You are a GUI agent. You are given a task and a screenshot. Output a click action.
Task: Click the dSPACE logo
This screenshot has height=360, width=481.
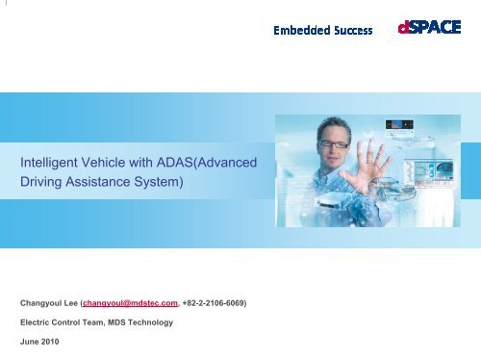point(429,28)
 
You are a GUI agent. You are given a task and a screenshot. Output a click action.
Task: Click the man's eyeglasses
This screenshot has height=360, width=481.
point(334,143)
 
